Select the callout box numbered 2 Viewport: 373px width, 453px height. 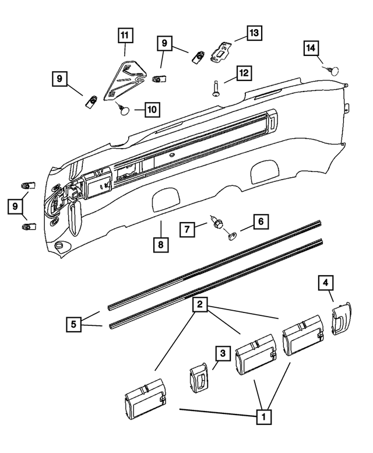(x=200, y=304)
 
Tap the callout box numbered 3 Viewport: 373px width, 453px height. (x=222, y=353)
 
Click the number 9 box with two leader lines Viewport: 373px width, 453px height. (x=17, y=206)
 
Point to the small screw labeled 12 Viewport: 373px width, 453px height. (x=214, y=89)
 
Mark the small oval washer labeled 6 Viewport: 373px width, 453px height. (x=233, y=236)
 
